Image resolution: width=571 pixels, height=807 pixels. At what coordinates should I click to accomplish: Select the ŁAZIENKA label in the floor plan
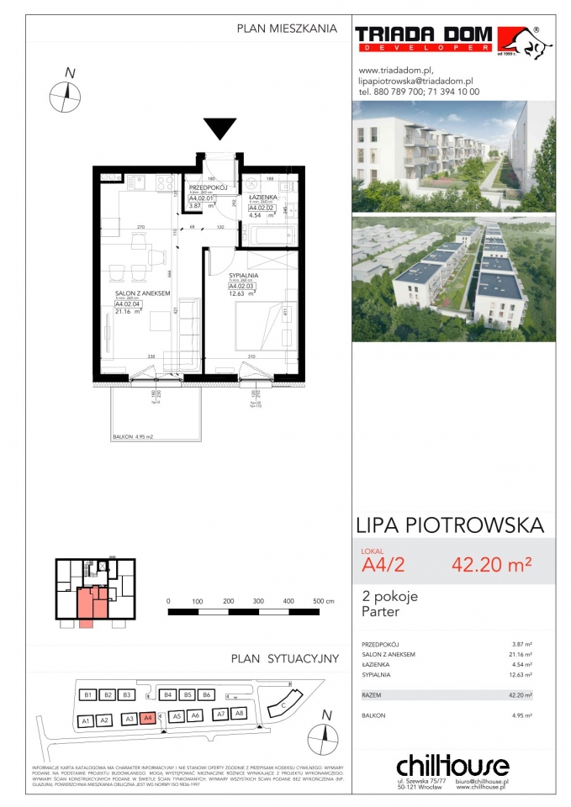(x=262, y=194)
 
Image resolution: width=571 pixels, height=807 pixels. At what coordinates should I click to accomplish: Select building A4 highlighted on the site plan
(x=147, y=718)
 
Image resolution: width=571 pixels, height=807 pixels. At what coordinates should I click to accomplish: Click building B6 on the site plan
(x=207, y=695)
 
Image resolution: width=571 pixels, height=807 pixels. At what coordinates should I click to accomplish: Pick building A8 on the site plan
(x=238, y=714)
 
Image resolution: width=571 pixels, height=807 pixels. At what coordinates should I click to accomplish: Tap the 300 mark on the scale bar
(x=258, y=602)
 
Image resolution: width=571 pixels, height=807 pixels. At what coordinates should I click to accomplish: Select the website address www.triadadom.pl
(x=394, y=71)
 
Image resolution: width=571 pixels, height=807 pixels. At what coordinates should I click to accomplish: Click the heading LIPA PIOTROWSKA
(x=451, y=526)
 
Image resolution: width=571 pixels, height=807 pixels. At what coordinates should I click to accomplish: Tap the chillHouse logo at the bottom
(x=452, y=767)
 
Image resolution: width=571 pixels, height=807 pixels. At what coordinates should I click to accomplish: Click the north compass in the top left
(x=64, y=94)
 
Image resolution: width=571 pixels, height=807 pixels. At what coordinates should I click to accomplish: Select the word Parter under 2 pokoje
(x=381, y=612)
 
